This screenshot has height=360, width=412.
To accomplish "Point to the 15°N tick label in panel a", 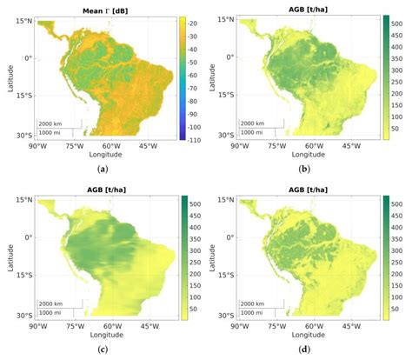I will [23, 19].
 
